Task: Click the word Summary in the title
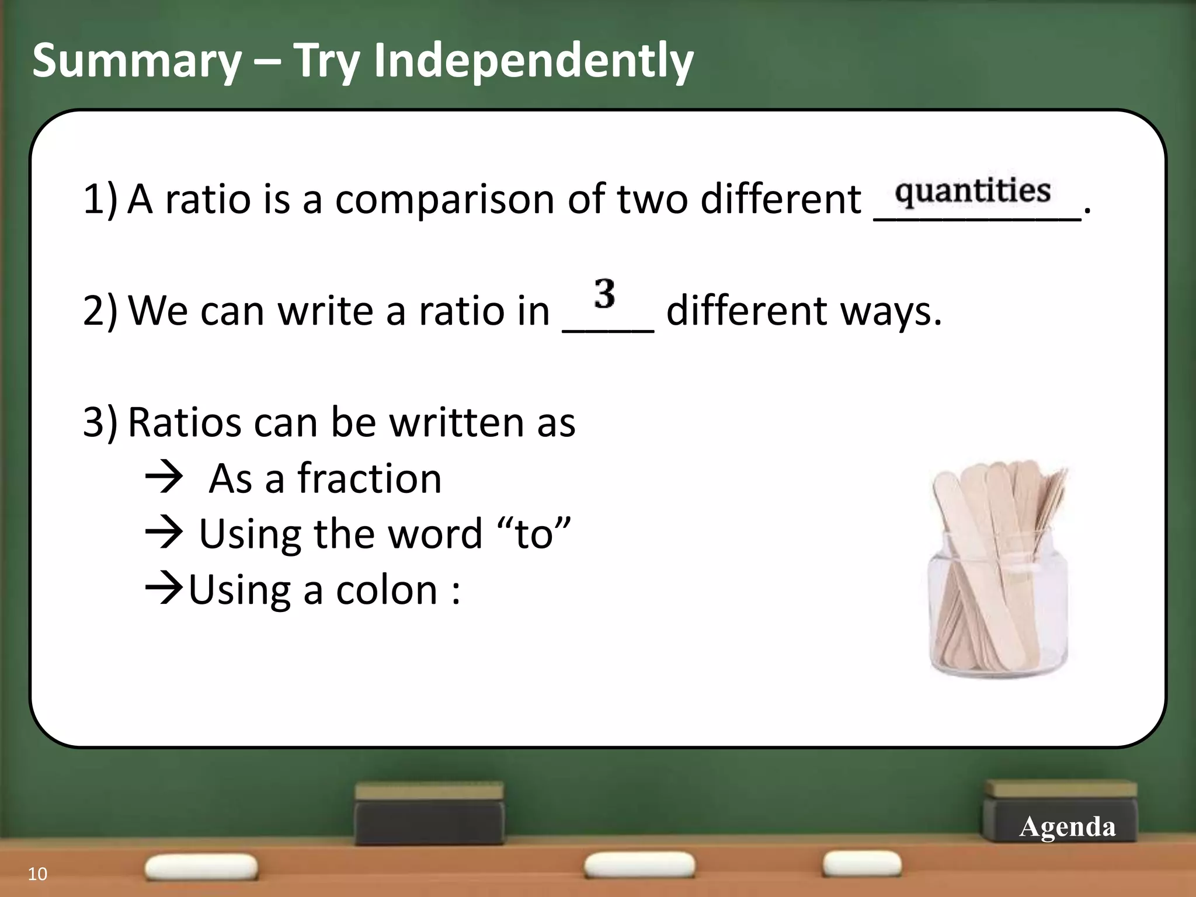(137, 61)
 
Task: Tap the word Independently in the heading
(533, 61)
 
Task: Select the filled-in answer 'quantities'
(972, 191)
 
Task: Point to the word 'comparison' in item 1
(444, 199)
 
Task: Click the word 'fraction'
(370, 478)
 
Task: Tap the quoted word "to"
(533, 534)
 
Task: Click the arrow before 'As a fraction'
(164, 478)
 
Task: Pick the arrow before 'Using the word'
(164, 534)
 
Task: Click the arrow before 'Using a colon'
(164, 590)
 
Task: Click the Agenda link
(1067, 826)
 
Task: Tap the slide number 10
(37, 874)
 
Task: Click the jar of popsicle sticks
(997, 572)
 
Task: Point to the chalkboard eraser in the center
(429, 812)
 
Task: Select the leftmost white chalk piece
(201, 867)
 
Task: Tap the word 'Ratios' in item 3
(184, 422)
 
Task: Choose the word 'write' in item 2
(325, 311)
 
